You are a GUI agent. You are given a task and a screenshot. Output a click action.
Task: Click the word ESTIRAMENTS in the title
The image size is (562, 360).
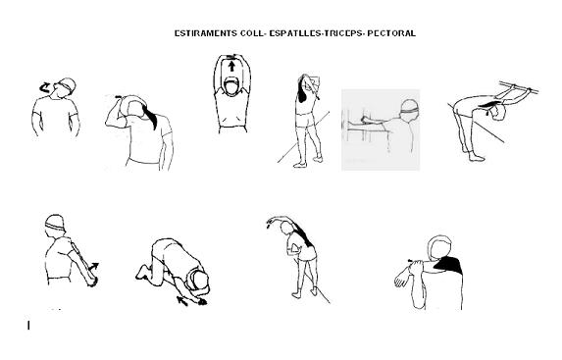point(205,33)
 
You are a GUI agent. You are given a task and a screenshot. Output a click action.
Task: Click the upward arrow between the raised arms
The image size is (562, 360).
point(231,66)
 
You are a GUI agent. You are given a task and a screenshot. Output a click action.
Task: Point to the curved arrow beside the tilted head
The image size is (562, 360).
point(45,87)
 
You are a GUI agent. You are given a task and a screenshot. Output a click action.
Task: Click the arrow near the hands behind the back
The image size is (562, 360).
point(94,267)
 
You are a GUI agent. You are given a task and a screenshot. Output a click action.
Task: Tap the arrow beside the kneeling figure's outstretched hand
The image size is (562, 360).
point(182,301)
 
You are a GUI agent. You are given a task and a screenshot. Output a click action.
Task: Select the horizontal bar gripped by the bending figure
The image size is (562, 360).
point(519,87)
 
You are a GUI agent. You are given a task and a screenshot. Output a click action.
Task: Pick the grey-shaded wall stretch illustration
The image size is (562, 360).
point(381,129)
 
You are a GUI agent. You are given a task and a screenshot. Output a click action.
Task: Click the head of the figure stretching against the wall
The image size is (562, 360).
point(410,108)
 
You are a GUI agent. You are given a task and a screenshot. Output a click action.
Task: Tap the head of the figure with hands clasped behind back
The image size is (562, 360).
point(55,226)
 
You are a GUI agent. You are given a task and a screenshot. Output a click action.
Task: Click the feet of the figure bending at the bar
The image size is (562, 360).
point(473,154)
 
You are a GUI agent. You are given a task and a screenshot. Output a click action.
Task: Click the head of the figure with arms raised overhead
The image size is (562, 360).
point(231,86)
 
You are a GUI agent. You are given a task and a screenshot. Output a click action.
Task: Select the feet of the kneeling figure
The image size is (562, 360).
point(142,272)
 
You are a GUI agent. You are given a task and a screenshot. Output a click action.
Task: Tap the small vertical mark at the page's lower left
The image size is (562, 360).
point(28,325)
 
